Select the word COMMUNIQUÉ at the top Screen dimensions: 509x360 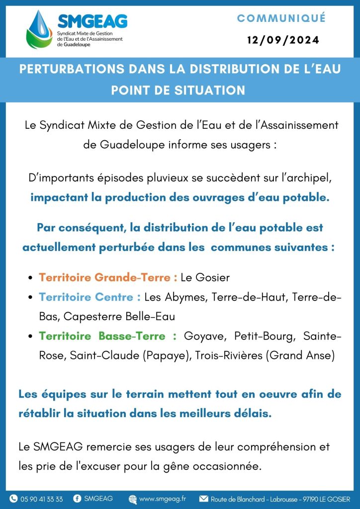[281, 18]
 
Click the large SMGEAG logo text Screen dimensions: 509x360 [92, 21]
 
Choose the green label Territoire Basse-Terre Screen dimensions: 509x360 [108, 337]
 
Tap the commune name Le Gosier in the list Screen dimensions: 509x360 [205, 277]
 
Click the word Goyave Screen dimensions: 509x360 [202, 337]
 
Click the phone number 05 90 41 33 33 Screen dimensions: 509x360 [42, 499]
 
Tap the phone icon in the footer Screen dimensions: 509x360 [13, 499]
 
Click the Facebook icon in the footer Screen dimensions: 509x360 [77, 499]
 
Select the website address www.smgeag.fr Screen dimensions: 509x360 [163, 499]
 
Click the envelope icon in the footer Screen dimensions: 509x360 [203, 499]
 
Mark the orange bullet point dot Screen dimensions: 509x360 [31, 278]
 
